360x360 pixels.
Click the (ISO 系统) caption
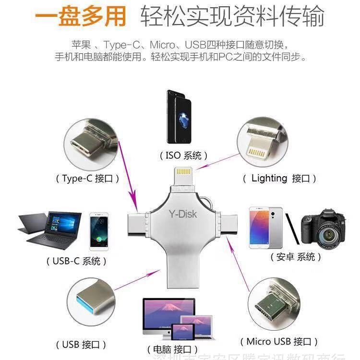click(184, 156)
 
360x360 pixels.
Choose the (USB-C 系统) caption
click(77, 261)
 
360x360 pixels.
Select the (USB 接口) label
click(84, 345)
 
